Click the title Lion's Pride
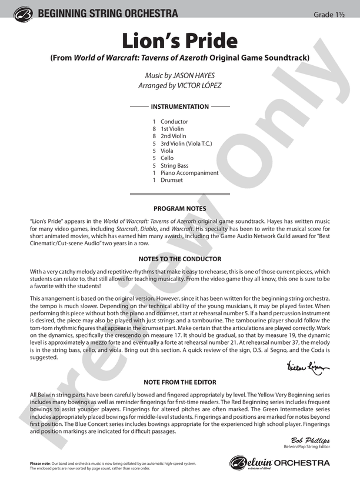point(179,41)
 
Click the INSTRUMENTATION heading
point(179,107)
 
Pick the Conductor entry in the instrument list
point(174,122)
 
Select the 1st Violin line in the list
point(172,129)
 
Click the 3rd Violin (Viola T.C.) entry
point(186,144)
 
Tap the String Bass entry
point(175,166)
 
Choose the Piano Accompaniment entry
point(189,173)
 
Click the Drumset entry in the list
point(172,180)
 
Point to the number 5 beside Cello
point(154,158)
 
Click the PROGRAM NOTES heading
point(179,209)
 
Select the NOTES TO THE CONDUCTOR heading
point(179,259)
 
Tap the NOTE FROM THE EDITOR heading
point(179,382)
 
